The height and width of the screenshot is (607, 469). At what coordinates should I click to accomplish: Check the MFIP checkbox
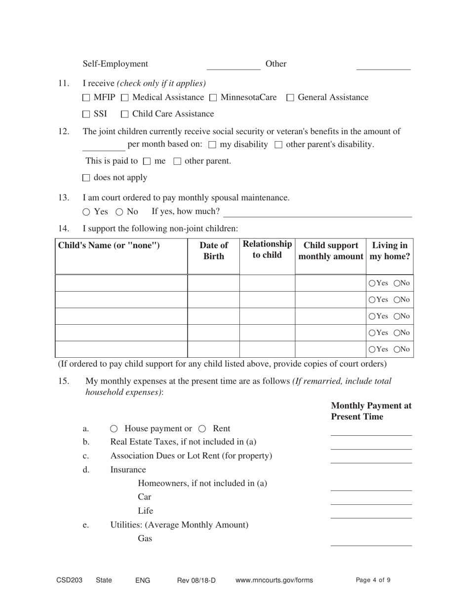coord(86,98)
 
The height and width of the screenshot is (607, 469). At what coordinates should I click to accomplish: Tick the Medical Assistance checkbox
coord(125,98)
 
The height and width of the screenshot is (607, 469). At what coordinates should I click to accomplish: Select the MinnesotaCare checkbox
coord(213,98)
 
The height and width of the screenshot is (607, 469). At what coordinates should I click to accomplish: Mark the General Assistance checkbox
coord(290,98)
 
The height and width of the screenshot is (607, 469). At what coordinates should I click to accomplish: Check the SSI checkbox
coord(86,114)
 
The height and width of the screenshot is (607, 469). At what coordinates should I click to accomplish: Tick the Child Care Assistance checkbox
coord(125,114)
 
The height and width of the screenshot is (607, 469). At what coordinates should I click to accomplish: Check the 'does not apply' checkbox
coord(86,178)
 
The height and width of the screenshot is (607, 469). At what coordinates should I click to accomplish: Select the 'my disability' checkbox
coord(212,145)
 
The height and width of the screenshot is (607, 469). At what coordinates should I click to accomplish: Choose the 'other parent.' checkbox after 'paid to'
coord(178,161)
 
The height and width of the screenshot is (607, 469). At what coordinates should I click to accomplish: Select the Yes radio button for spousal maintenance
coord(86,212)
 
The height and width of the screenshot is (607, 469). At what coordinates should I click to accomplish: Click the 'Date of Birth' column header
coord(214,251)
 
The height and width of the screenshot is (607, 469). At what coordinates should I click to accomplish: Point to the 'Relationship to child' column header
coord(267,250)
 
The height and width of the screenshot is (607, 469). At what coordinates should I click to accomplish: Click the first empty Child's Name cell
coord(121,283)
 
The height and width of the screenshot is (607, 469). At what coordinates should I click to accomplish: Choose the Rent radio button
coord(202,429)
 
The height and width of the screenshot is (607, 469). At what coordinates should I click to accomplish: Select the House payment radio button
coord(114,429)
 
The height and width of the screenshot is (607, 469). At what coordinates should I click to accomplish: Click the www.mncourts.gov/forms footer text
coord(274,580)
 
